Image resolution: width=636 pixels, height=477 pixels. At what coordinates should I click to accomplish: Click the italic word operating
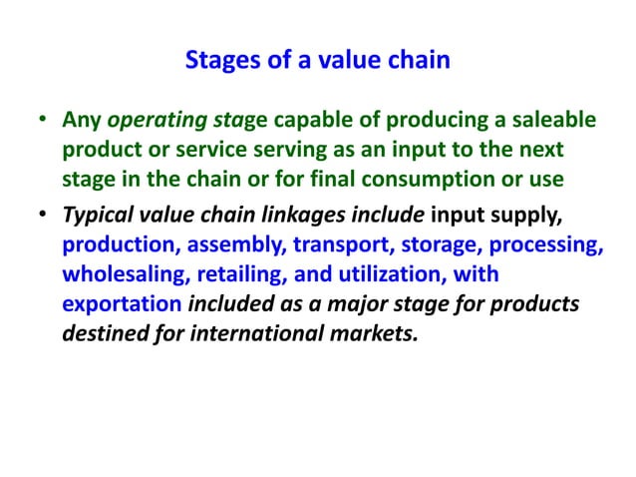point(150,122)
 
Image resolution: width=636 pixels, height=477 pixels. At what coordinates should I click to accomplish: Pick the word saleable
point(554,122)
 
